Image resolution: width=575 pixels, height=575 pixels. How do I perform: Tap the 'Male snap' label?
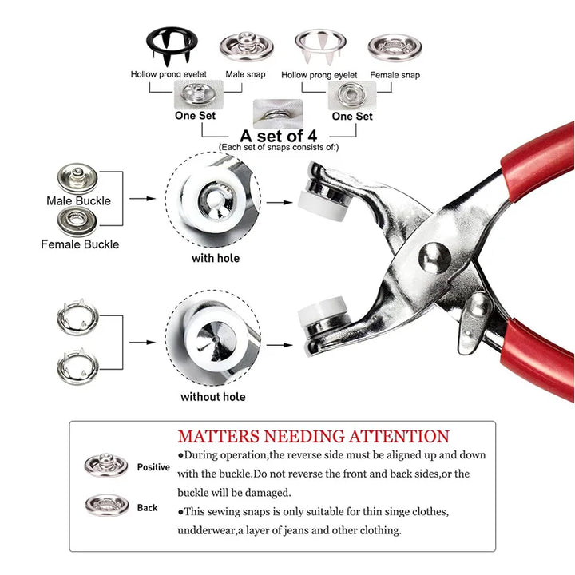(245, 74)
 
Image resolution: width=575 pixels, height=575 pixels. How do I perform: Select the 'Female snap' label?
(395, 75)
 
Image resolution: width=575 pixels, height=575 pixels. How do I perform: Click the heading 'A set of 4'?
(279, 136)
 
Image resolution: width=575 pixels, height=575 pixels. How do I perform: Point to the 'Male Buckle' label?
(78, 200)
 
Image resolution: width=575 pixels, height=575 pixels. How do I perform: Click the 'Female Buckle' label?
(80, 244)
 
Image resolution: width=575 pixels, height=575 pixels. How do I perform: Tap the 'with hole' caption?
(216, 258)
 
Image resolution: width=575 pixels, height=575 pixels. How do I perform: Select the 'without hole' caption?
(213, 397)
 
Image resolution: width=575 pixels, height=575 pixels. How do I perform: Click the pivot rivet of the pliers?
(434, 257)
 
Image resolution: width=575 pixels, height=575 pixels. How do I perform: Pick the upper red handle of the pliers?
(538, 161)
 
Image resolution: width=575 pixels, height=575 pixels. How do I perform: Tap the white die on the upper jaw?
(322, 206)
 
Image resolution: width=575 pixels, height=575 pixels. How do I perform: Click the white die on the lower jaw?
(322, 311)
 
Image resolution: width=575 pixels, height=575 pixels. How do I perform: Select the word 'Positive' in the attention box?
(153, 467)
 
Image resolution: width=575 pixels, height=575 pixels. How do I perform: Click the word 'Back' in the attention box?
(148, 508)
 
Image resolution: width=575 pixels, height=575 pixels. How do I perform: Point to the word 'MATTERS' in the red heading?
(219, 436)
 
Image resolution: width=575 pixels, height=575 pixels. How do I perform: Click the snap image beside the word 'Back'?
(107, 505)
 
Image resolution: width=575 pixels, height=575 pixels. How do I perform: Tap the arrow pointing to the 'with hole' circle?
(143, 198)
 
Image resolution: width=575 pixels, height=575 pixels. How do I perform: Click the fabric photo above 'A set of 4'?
(278, 113)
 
